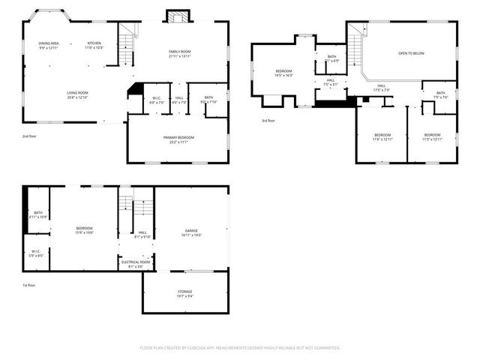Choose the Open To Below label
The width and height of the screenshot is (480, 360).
(411, 53)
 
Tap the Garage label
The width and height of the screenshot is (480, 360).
(192, 232)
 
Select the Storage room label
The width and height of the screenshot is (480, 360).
(184, 293)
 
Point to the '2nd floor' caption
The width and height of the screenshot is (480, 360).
(31, 136)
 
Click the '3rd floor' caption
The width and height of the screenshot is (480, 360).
(269, 121)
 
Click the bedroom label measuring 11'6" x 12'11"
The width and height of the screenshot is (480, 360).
(382, 136)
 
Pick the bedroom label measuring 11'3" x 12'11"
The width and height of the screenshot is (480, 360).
(432, 136)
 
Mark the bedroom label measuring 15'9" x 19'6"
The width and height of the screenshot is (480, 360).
(84, 230)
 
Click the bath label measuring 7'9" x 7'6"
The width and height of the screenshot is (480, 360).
(440, 94)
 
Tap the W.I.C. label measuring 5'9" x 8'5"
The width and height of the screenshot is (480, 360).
(37, 253)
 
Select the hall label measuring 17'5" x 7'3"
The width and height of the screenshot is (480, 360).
(381, 88)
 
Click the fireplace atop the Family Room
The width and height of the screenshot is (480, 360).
(177, 17)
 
